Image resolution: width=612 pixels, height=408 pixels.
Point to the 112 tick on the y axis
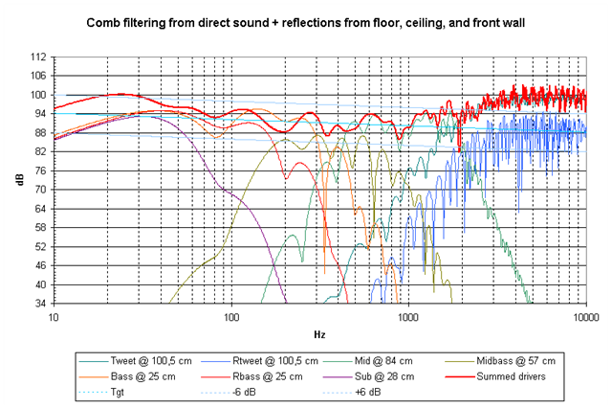pyautogui.click(x=39, y=57)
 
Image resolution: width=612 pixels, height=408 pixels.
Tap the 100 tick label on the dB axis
pyautogui.click(x=39, y=95)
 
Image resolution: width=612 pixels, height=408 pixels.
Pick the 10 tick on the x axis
pyautogui.click(x=54, y=315)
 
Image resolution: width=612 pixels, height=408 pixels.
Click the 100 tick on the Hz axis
pyautogui.click(x=230, y=315)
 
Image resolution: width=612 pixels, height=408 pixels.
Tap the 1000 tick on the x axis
pyautogui.click(x=408, y=315)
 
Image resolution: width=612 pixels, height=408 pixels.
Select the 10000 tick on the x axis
pyautogui.click(x=584, y=315)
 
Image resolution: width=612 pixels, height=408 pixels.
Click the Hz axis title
pyautogui.click(x=318, y=333)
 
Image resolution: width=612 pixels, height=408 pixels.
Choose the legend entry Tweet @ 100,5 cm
pyautogui.click(x=132, y=360)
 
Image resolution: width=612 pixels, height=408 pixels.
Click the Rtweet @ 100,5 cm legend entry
pyautogui.click(x=255, y=360)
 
